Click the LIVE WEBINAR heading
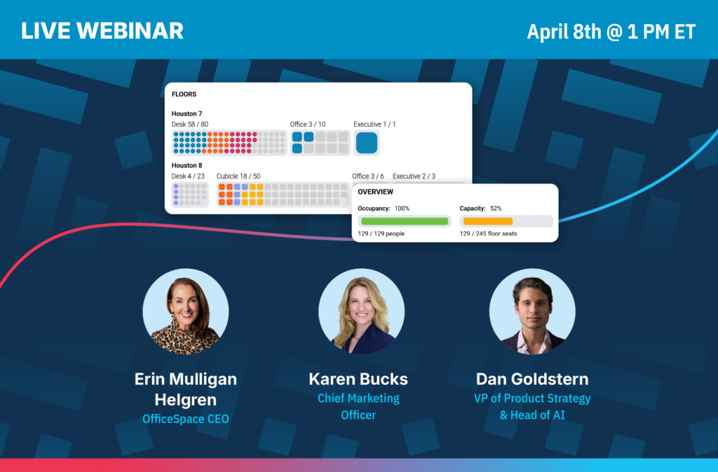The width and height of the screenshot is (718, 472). point(102,31)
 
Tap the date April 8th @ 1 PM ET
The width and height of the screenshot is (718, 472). point(611,32)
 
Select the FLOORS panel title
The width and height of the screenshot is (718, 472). point(184,95)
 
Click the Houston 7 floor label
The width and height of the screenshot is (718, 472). point(187,113)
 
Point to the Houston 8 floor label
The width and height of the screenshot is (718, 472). point(187,165)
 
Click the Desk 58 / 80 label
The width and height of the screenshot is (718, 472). point(190,125)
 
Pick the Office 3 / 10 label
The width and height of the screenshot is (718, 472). point(308,125)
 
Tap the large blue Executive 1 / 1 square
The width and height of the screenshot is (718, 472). point(367,143)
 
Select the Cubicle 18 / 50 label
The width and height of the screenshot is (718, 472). point(238,176)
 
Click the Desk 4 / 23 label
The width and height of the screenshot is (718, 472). point(188,176)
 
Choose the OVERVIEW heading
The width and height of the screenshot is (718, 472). point(376,192)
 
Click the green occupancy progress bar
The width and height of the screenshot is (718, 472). point(405,221)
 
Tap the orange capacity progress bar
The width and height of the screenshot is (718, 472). point(488,221)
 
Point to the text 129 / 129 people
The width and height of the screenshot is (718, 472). point(381,234)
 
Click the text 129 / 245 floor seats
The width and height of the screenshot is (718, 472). point(488,234)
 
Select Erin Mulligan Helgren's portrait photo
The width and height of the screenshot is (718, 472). point(185,312)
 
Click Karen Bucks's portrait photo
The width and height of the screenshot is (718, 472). point(361,312)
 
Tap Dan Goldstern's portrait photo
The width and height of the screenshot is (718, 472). point(532,312)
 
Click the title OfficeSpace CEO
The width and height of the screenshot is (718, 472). point(185,419)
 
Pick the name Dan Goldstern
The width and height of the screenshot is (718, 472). point(532,379)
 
